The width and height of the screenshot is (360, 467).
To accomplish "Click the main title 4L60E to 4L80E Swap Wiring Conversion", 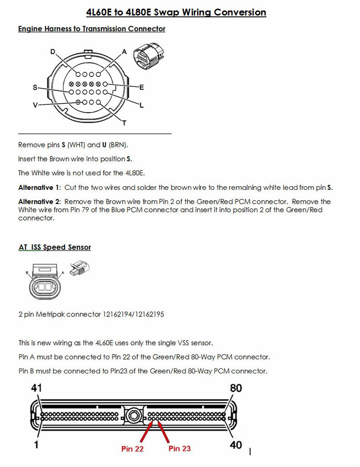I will click(x=176, y=12).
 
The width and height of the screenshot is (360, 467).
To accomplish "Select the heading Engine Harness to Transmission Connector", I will click(x=92, y=29).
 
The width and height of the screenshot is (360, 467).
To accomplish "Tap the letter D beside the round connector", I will click(x=53, y=52).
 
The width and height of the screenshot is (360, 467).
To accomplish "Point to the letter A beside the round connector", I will click(x=124, y=52).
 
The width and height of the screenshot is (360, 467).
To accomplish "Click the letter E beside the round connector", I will click(x=141, y=87).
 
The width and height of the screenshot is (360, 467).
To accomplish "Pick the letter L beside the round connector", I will click(x=141, y=105).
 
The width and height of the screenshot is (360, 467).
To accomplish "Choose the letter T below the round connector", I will click(x=124, y=123).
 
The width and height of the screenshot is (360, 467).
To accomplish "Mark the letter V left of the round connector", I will click(x=36, y=105).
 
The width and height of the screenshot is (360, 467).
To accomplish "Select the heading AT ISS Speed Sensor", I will click(x=55, y=247).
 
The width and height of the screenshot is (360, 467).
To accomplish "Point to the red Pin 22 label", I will click(x=133, y=449).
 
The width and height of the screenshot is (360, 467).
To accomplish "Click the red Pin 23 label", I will click(x=179, y=448).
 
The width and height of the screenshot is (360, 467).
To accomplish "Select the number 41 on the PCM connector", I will click(x=37, y=388).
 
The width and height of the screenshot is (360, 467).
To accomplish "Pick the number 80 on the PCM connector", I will click(x=235, y=388).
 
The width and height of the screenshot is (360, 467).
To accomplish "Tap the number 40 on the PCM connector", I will click(x=235, y=444).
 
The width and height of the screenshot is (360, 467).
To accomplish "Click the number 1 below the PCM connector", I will click(x=37, y=444).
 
